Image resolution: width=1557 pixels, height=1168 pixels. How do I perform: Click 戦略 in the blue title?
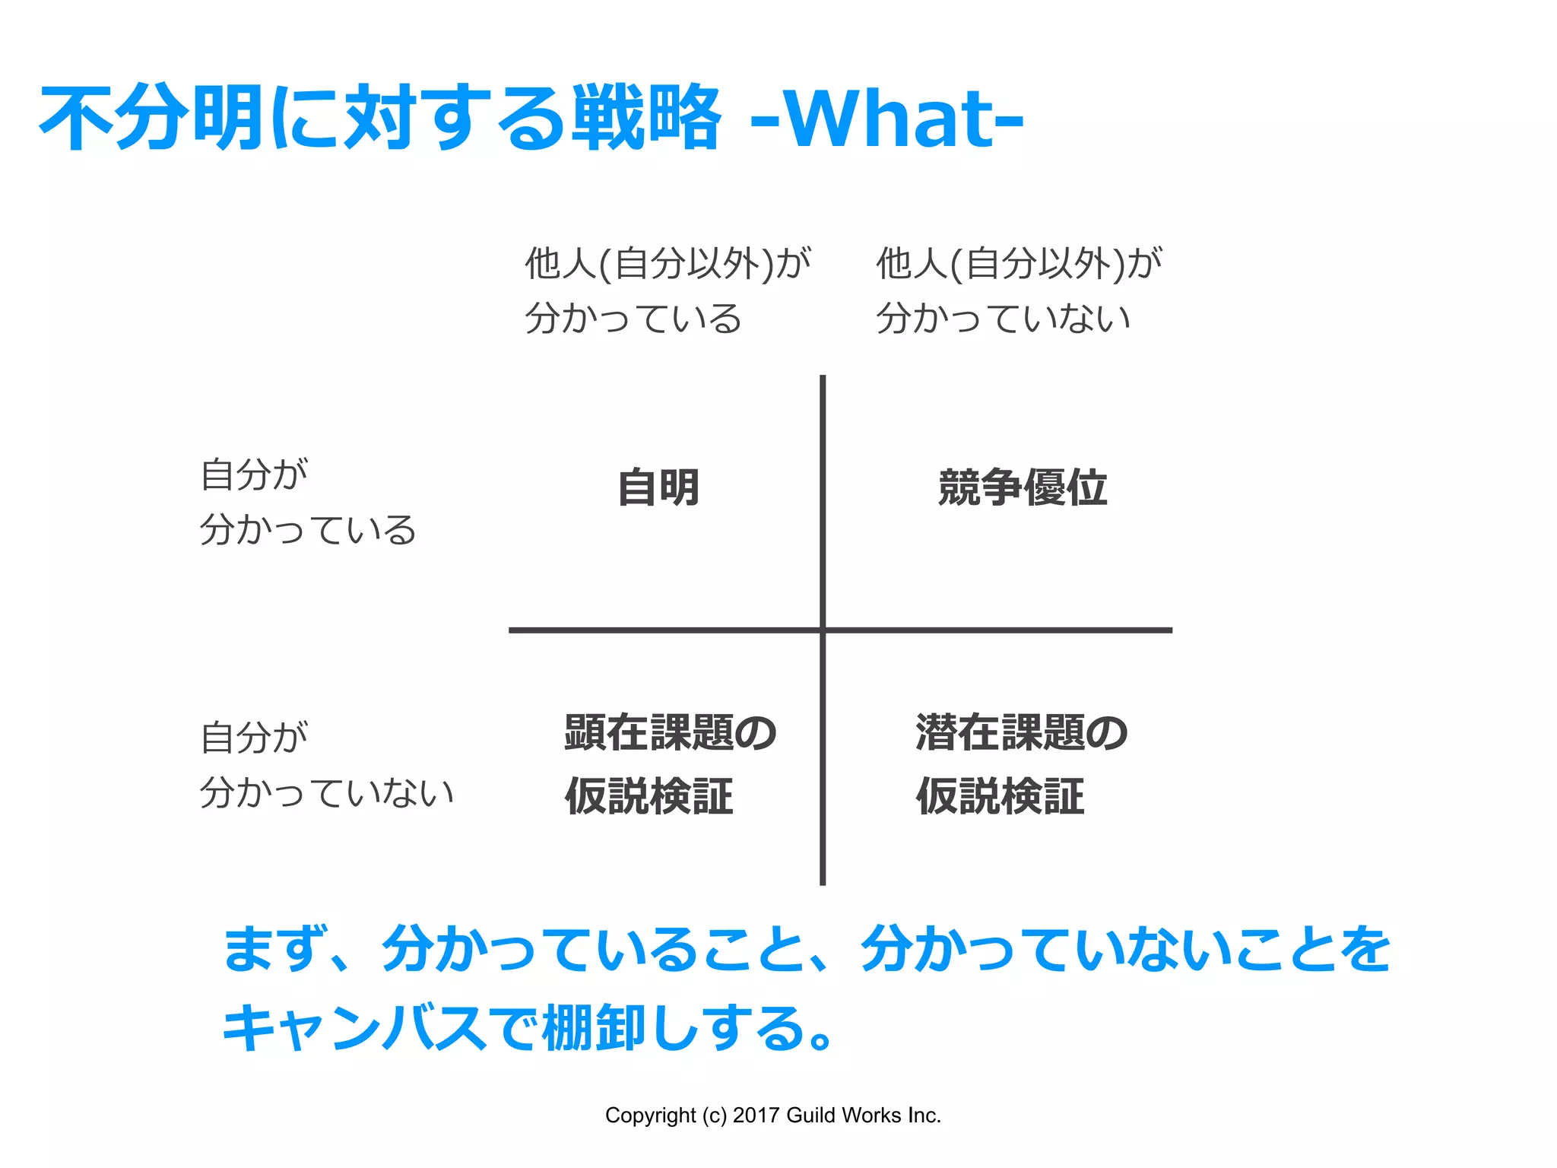(x=646, y=118)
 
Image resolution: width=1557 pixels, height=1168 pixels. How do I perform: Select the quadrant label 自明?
(x=658, y=487)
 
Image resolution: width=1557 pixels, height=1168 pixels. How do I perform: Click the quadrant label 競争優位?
(x=1023, y=487)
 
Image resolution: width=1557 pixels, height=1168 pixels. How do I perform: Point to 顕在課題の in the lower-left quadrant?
(x=670, y=733)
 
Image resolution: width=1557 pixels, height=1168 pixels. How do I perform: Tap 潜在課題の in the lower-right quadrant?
(x=1021, y=733)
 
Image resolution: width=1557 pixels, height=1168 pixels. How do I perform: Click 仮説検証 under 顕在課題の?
(x=649, y=796)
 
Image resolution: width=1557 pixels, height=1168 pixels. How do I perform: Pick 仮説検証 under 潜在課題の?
(x=1000, y=796)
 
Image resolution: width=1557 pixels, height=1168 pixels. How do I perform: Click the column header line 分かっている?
(x=633, y=318)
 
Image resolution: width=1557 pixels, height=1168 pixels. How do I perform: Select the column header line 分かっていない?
(x=1004, y=318)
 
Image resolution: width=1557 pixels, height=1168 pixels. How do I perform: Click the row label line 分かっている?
(x=308, y=529)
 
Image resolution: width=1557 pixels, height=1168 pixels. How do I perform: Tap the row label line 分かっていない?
(x=327, y=792)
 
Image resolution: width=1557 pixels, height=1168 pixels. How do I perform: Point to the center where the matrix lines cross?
(x=823, y=630)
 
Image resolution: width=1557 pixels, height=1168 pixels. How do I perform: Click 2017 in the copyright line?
(x=756, y=1116)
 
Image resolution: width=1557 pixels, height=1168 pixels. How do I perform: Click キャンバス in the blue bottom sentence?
(x=354, y=1028)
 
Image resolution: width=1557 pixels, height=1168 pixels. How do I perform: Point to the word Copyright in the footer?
(x=650, y=1116)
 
